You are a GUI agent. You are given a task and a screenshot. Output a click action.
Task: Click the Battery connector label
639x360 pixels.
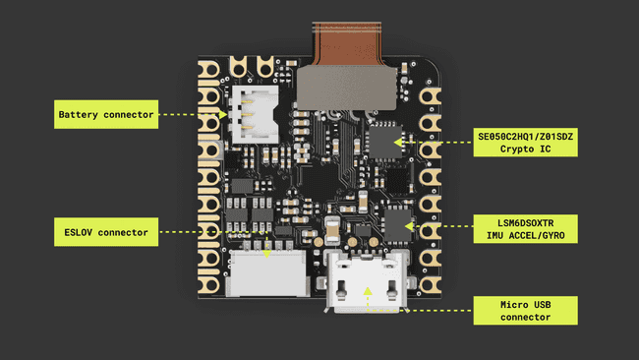coord(105,115)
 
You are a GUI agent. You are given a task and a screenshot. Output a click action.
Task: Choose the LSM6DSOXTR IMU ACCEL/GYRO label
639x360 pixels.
coord(526,228)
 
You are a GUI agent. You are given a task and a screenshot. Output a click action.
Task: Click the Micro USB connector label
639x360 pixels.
coord(526,311)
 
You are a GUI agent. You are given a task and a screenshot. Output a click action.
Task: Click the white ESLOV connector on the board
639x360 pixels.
coord(266,272)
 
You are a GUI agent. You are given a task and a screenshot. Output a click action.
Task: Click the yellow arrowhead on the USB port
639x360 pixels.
coord(368,290)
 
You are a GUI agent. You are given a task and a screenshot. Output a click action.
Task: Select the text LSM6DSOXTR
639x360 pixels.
coord(525,221)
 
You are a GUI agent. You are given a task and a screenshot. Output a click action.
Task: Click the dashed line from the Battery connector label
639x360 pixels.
coord(192,115)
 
